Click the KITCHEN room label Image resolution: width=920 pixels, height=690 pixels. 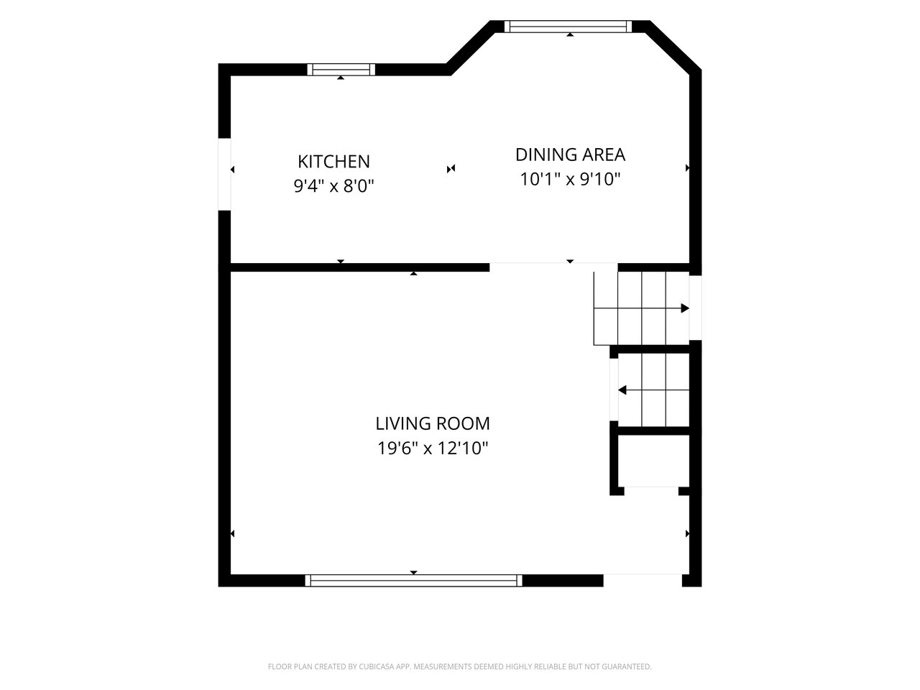pyautogui.click(x=333, y=162)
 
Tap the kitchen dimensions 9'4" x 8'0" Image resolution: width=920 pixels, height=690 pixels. pyautogui.click(x=333, y=185)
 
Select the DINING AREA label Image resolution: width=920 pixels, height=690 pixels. pyautogui.click(x=570, y=155)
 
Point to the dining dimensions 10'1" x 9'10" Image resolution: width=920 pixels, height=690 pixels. pyautogui.click(x=570, y=179)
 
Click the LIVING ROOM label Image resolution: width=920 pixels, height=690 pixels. pyautogui.click(x=433, y=423)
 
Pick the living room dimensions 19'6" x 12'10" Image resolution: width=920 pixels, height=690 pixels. pyautogui.click(x=433, y=448)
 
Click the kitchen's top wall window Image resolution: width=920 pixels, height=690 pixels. pyautogui.click(x=341, y=70)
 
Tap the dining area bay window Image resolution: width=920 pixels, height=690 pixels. pyautogui.click(x=568, y=27)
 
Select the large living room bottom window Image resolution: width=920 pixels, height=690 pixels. pyautogui.click(x=414, y=580)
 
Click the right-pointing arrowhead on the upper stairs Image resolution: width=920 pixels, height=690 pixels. pyautogui.click(x=685, y=308)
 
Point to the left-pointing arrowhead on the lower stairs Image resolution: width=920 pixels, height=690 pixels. pyautogui.click(x=622, y=390)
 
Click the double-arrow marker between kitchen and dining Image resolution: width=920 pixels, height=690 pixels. pyautogui.click(x=451, y=169)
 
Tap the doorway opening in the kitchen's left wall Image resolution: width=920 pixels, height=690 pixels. pyautogui.click(x=224, y=174)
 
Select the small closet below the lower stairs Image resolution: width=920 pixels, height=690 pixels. pyautogui.click(x=653, y=461)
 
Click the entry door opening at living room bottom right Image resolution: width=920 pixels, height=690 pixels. pyautogui.click(x=643, y=580)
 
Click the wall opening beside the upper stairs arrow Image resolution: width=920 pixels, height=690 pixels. pyautogui.click(x=695, y=308)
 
